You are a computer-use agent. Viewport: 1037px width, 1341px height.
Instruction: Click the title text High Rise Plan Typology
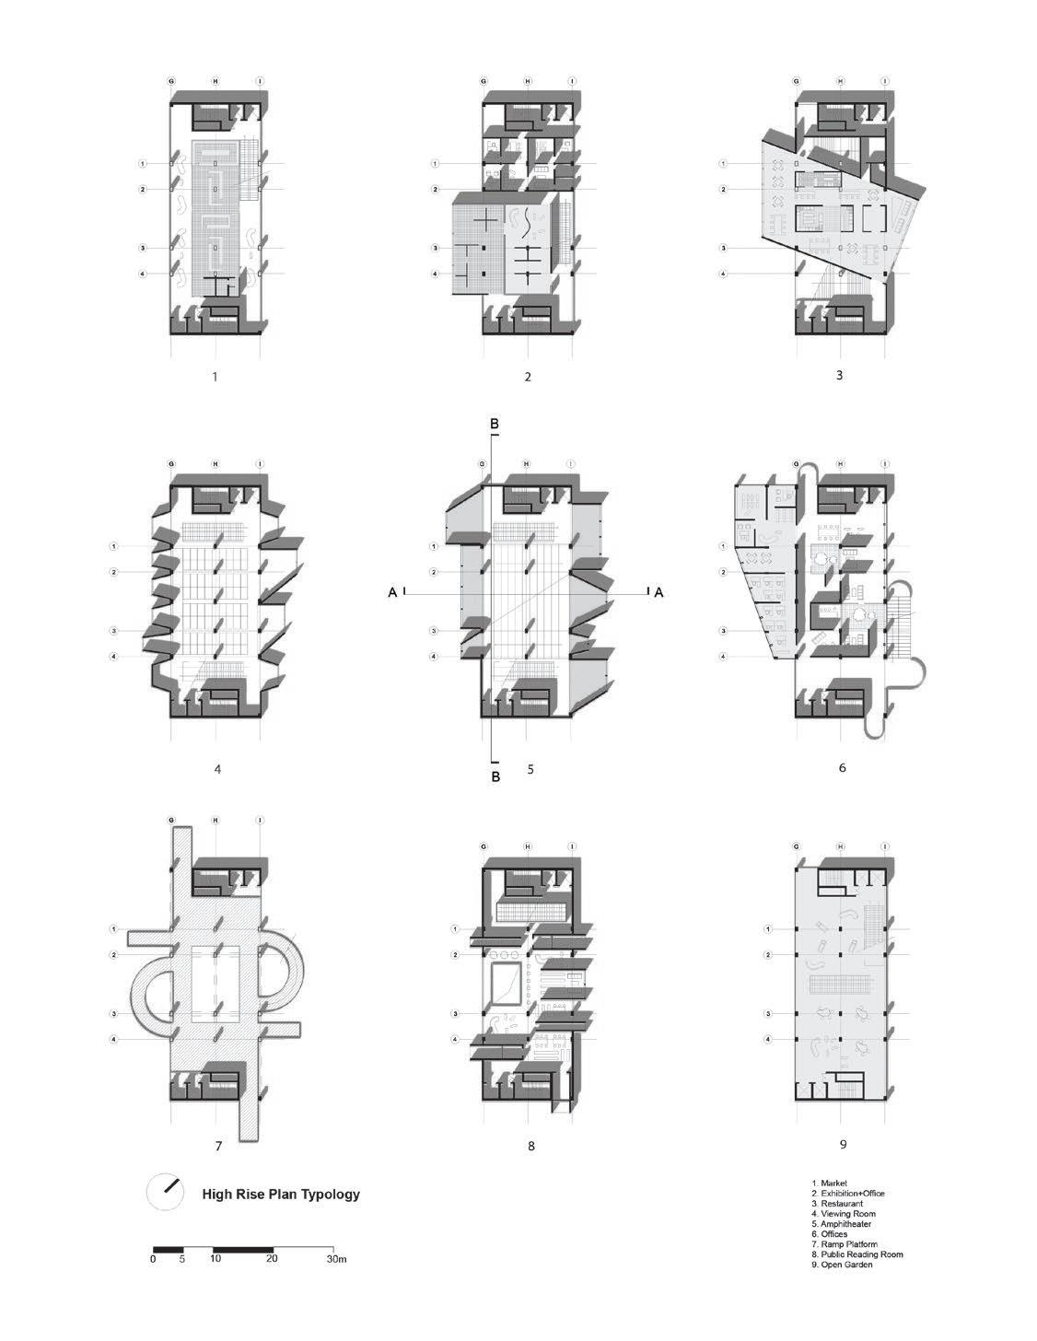click(281, 1195)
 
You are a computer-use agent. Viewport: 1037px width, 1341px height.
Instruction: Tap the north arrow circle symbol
click(166, 1194)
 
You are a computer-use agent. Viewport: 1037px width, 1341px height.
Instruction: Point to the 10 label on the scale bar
click(216, 1259)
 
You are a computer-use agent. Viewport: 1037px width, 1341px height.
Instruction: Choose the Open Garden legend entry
click(842, 1265)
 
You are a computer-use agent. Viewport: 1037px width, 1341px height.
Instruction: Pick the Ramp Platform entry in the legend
click(845, 1244)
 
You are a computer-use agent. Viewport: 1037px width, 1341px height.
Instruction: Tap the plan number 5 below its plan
click(530, 768)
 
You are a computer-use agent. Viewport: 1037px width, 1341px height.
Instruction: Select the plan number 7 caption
click(218, 1147)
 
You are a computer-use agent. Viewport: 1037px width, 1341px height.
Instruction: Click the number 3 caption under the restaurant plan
click(840, 375)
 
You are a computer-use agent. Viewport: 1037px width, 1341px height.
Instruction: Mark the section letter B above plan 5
click(495, 424)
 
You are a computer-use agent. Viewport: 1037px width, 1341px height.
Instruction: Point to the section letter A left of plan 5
click(393, 593)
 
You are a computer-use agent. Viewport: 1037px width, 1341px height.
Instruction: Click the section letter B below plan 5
click(495, 776)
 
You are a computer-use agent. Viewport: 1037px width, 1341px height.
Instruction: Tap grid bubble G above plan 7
click(171, 821)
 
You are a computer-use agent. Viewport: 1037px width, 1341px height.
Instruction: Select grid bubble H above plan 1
click(215, 81)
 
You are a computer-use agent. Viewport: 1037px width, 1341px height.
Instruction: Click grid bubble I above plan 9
click(885, 845)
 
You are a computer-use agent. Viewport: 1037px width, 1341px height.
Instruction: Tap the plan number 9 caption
click(843, 1145)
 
